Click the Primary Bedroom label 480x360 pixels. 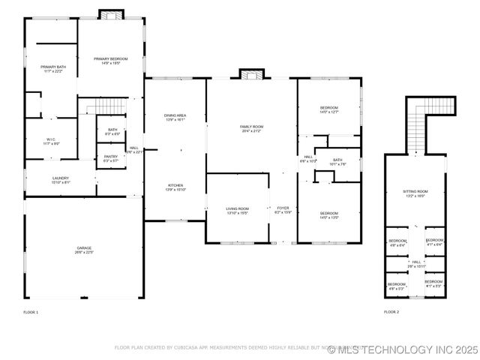point(110,58)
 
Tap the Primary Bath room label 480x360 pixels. point(53,67)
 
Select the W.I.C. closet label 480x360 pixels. point(51,139)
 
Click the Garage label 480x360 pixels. point(83,247)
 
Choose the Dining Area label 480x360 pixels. point(175,115)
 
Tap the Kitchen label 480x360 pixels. point(175,185)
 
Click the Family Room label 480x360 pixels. point(251,127)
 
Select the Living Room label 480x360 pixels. point(237,208)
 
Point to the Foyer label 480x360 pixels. point(283,208)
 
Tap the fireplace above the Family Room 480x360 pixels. point(252,73)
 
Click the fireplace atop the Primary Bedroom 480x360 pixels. point(111,14)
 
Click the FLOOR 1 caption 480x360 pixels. point(31,311)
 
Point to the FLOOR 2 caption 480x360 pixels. point(391,311)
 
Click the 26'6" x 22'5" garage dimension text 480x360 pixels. point(83,252)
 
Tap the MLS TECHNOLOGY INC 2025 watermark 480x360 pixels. point(402,349)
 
